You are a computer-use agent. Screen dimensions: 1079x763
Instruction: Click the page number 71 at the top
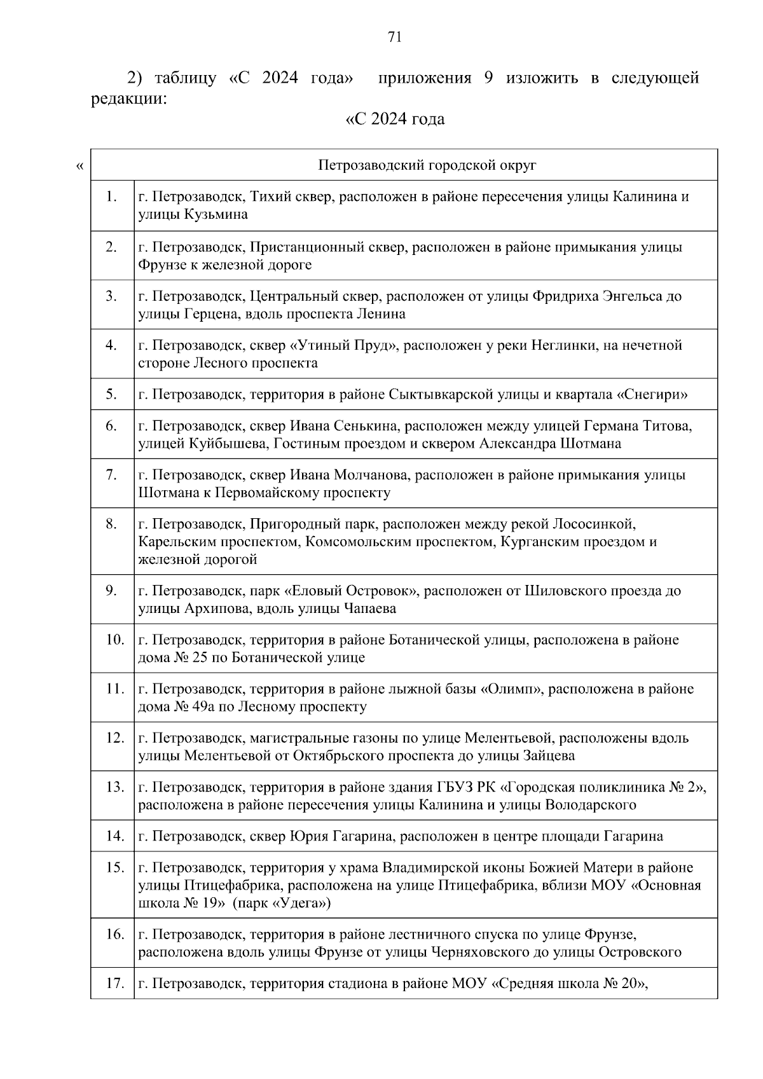click(394, 38)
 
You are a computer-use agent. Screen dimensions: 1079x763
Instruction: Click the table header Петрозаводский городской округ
click(427, 166)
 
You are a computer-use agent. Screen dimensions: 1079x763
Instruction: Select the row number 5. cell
click(111, 394)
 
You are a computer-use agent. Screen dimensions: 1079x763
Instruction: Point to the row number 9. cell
click(111, 591)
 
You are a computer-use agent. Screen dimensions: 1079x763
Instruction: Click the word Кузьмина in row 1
click(216, 215)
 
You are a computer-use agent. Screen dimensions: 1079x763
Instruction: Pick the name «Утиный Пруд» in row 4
click(343, 345)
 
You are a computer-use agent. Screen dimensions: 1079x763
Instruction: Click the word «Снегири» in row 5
click(652, 395)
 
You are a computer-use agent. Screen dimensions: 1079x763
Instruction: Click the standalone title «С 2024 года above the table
click(394, 120)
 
